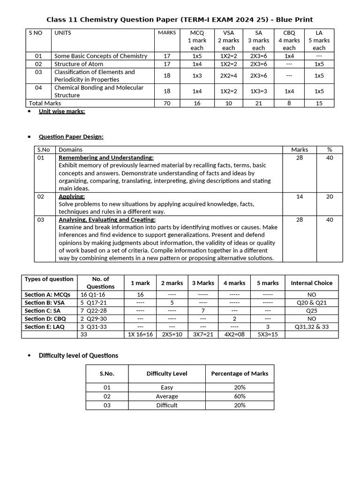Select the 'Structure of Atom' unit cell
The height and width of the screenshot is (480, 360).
[79, 64]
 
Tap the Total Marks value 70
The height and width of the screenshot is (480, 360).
[167, 103]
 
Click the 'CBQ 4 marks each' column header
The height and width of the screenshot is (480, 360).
[289, 40]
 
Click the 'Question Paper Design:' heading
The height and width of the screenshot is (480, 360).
[71, 136]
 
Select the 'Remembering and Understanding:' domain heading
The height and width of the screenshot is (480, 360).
[106, 157]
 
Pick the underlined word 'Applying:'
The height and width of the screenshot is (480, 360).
[72, 196]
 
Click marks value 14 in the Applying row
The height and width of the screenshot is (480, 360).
[300, 196]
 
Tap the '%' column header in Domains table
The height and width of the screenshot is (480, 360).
[330, 150]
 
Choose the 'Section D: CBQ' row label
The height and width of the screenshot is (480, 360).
[45, 318]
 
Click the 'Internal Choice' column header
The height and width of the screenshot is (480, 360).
[311, 283]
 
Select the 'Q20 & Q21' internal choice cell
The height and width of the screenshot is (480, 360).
[311, 302]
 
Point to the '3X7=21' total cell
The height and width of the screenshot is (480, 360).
[203, 334]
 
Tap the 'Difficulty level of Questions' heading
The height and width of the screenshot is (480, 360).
[78, 355]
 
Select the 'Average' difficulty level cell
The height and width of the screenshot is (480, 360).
[166, 396]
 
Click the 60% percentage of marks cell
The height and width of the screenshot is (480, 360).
[240, 396]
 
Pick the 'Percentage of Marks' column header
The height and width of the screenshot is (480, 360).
[240, 374]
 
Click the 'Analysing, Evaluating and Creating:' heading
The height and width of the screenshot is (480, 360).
[107, 219]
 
